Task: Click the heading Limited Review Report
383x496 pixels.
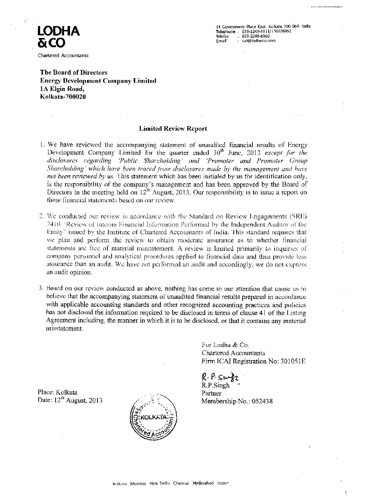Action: point(173,129)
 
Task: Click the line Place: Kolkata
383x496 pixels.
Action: point(57,392)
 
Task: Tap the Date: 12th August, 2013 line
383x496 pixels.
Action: point(70,401)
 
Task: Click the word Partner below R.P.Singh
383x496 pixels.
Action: point(211,393)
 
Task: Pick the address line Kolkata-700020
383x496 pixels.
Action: point(63,97)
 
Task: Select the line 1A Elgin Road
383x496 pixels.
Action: point(62,89)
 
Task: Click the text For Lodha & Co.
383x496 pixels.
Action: point(225,345)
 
